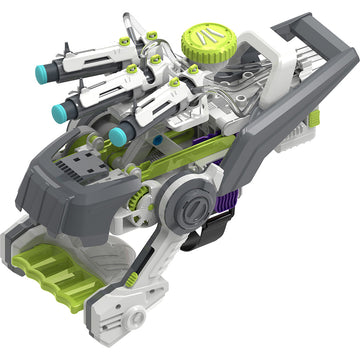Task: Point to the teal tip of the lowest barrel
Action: [118, 134]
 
